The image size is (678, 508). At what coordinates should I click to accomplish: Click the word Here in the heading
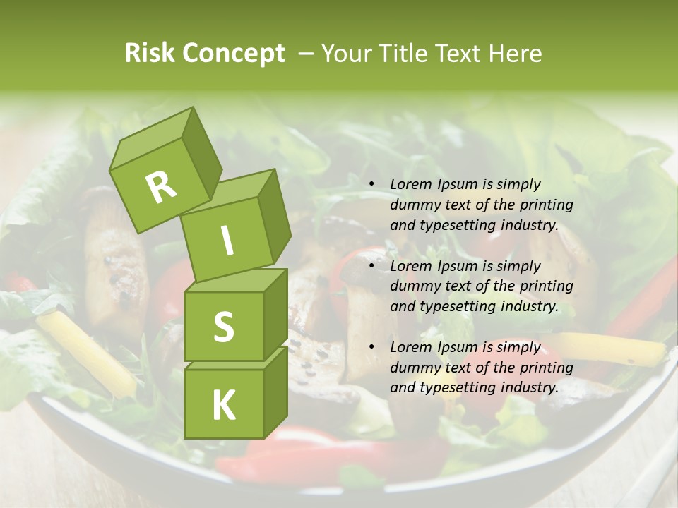coord(515,54)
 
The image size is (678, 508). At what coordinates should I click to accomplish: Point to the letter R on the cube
coord(161,187)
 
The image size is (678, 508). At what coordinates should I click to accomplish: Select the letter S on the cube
coord(223,327)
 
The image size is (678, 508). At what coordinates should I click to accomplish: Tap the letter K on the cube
coord(223,406)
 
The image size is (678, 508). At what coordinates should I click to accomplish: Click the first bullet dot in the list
coord(372,185)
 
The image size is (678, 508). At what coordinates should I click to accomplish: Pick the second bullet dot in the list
coord(372,267)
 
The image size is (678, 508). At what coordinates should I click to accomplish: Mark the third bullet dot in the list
coord(372,348)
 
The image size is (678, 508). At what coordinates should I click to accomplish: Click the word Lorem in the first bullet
coord(410,184)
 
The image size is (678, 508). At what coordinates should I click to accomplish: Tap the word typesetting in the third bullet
coord(457,387)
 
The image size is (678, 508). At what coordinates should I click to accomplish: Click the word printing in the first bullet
coord(546,205)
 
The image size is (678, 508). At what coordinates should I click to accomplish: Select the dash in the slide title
coord(307,54)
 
